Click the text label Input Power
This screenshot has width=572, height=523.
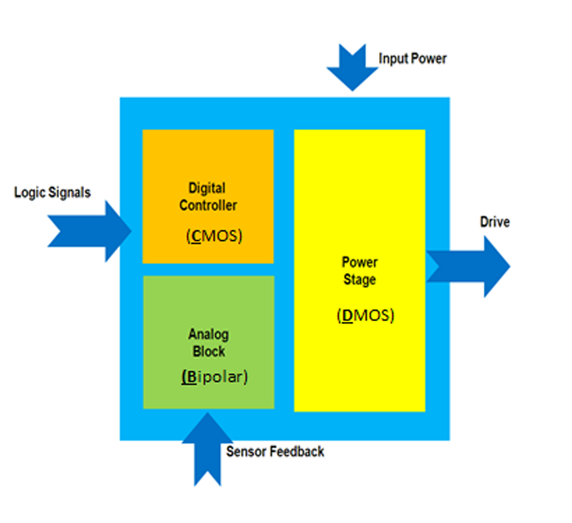tap(413, 59)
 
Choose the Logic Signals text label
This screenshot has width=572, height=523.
tap(52, 193)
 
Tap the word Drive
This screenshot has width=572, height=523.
tap(494, 222)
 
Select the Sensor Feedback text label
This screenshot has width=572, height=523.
tap(275, 451)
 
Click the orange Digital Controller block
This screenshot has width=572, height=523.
tap(208, 196)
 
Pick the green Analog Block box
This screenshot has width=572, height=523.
tap(208, 342)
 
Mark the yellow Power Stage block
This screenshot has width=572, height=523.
tap(360, 270)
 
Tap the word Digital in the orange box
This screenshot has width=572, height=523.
tap(207, 189)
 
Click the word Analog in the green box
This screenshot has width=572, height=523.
tap(208, 335)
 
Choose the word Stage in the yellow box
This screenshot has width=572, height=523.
tap(360, 280)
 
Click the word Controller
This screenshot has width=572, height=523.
tap(208, 205)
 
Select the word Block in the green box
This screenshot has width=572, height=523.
tap(208, 351)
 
